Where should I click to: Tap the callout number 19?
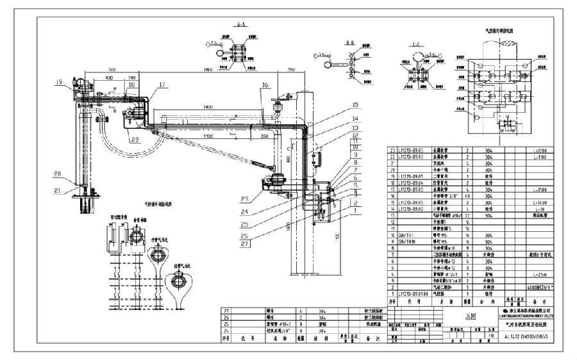pyautogui.click(x=59, y=82)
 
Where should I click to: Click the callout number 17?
pyautogui.click(x=162, y=84)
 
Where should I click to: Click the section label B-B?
pyautogui.click(x=332, y=40)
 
